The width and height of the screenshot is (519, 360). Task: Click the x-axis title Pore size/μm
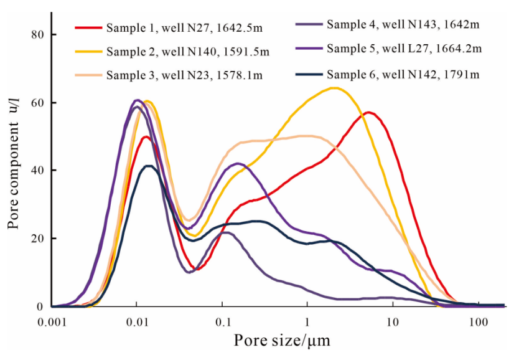click(x=281, y=341)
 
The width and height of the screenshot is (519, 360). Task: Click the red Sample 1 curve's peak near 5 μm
click(x=369, y=113)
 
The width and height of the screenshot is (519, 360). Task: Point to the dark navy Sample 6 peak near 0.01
click(x=147, y=166)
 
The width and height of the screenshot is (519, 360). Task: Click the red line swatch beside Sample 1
click(x=88, y=28)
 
